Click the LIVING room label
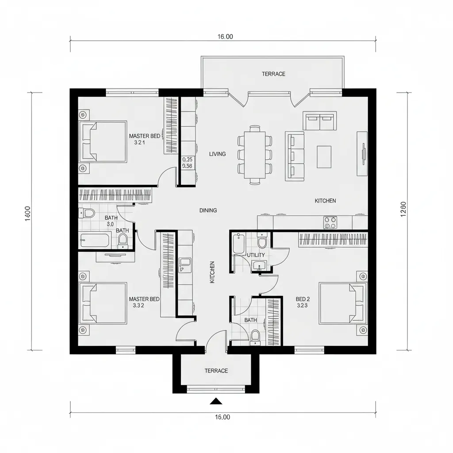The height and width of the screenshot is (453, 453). pyautogui.click(x=217, y=154)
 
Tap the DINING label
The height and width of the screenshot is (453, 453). pyautogui.click(x=208, y=211)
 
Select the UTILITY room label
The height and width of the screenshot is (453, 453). pyautogui.click(x=256, y=255)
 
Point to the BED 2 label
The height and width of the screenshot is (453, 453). pyautogui.click(x=302, y=299)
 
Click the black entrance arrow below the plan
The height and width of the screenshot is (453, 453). pyautogui.click(x=215, y=401)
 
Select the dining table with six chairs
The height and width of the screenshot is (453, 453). pyautogui.click(x=254, y=154)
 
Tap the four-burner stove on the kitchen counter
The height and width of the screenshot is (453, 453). pyautogui.click(x=330, y=222)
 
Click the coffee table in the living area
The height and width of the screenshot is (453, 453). pyautogui.click(x=324, y=157)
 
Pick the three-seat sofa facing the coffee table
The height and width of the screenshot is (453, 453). pyautogui.click(x=295, y=156)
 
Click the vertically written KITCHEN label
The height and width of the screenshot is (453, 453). pyautogui.click(x=212, y=272)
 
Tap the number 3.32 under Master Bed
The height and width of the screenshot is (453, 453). pyautogui.click(x=138, y=305)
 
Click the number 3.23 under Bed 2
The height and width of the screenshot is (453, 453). pyautogui.click(x=302, y=305)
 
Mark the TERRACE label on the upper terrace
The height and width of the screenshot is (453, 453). pyautogui.click(x=273, y=74)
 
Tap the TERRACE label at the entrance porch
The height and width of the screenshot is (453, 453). pyautogui.click(x=216, y=371)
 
